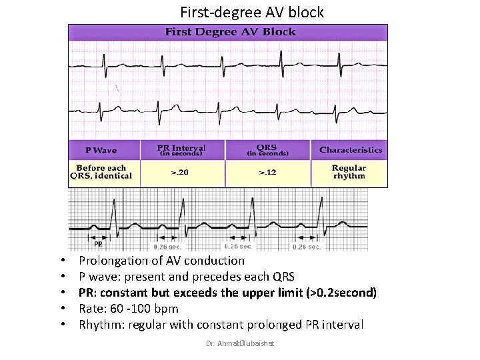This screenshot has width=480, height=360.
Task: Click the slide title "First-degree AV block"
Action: click(252, 12)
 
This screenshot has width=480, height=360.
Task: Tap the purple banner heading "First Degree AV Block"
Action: click(227, 31)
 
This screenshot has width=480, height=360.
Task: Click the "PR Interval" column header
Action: click(181, 149)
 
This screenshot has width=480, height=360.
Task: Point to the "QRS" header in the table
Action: click(268, 149)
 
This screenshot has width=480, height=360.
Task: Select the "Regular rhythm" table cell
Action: click(349, 172)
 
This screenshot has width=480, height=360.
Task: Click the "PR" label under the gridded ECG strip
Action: click(98, 244)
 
